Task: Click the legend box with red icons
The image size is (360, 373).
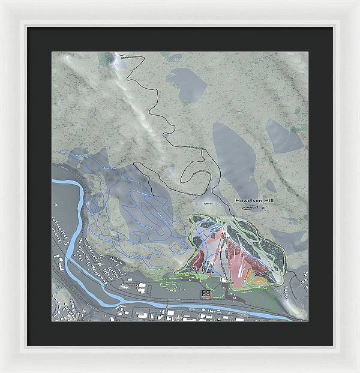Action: click(x=205, y=293)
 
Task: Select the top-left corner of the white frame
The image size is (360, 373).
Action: click(x=3, y=3)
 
